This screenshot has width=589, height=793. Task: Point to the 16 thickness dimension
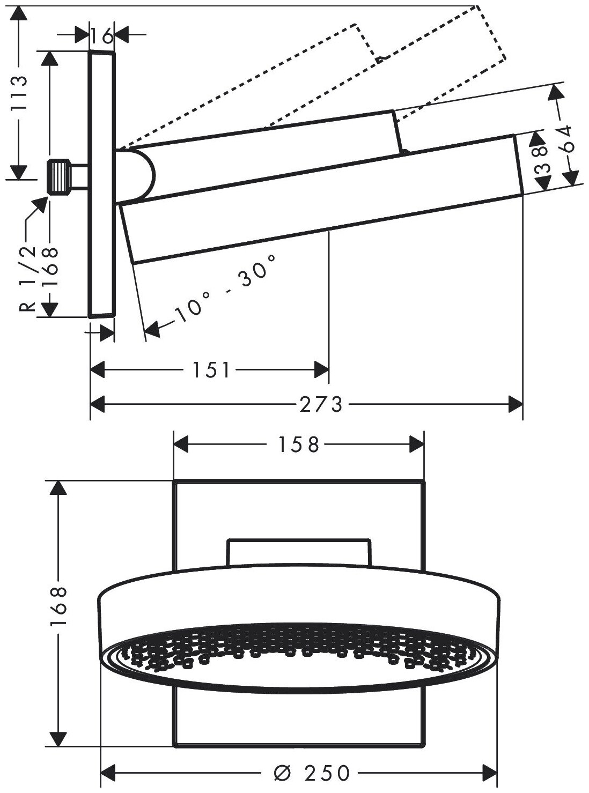101,36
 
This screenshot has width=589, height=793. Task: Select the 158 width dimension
298,444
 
